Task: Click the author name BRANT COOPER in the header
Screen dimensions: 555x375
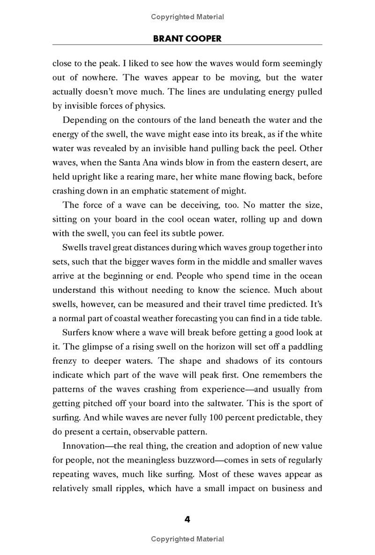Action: (x=187, y=39)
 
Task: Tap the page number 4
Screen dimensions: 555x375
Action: (x=187, y=519)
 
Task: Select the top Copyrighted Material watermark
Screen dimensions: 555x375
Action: (x=187, y=17)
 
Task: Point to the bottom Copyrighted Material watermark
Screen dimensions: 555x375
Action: (x=187, y=539)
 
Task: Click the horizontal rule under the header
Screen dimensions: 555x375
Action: (x=187, y=45)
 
